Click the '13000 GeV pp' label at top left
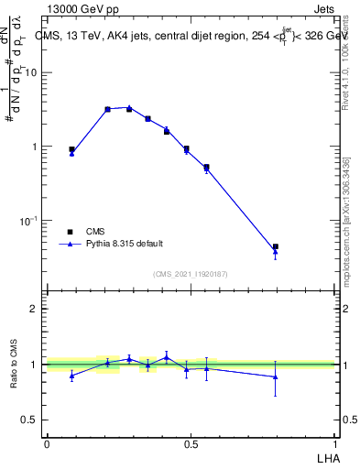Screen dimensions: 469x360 click(x=79, y=8)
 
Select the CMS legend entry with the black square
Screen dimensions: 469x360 click(x=95, y=232)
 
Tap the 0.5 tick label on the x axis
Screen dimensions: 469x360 click(x=191, y=444)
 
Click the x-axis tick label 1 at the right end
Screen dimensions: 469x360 click(x=335, y=444)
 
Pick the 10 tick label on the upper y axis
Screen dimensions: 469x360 click(x=32, y=73)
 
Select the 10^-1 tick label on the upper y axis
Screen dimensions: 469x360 click(x=29, y=221)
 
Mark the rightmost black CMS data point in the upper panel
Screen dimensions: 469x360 click(x=275, y=246)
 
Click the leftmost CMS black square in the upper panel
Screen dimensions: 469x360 click(x=71, y=149)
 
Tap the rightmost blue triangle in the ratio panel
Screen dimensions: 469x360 click(x=275, y=376)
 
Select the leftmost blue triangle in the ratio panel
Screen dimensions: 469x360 click(x=71, y=376)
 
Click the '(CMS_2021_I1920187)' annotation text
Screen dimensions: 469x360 click(x=190, y=274)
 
